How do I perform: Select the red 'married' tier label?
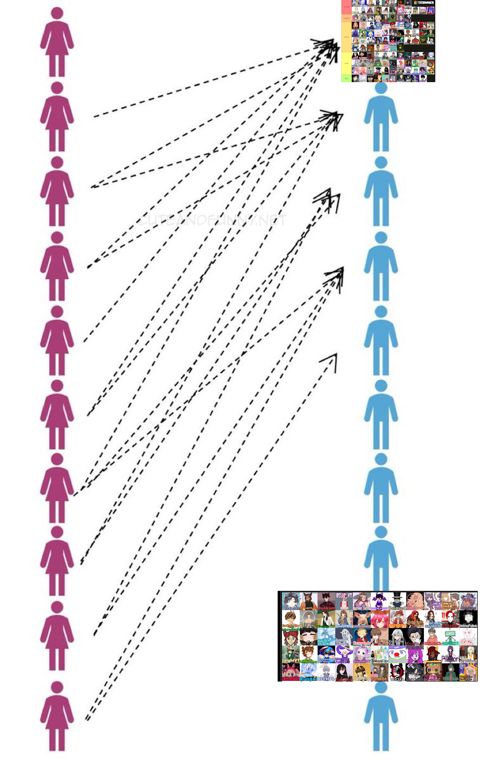346,7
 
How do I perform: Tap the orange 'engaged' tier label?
346,18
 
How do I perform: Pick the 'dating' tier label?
346,37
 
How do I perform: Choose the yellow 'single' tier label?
346,63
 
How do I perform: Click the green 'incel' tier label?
346,78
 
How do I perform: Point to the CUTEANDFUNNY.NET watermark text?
211,221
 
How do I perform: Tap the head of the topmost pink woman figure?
57,13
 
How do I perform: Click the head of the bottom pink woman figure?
57,687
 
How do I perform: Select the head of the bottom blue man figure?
381,687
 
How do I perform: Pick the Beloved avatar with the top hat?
396,601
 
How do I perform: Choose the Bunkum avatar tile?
326,601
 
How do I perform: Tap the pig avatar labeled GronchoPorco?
361,619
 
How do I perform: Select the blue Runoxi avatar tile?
308,672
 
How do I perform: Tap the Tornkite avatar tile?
379,672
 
